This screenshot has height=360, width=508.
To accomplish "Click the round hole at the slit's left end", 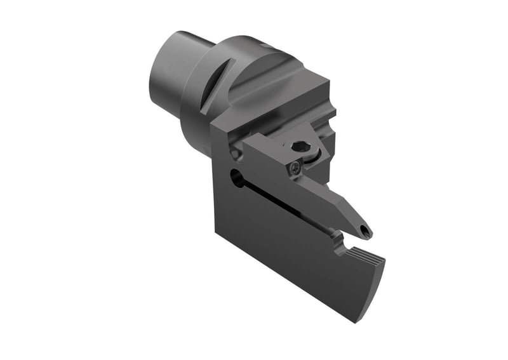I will [237, 180].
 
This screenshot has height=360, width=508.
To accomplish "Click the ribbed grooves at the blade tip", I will [366, 258].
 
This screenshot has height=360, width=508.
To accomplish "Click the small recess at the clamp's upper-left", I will [235, 154].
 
